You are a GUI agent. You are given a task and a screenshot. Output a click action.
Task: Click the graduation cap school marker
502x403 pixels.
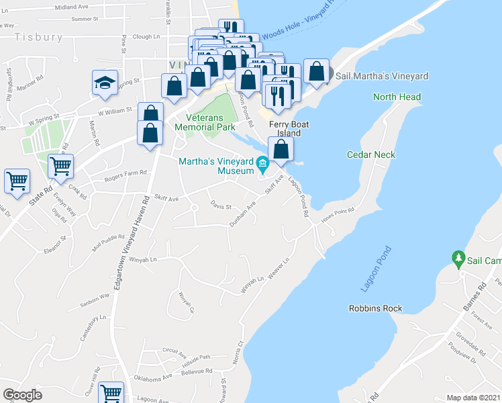[x=105, y=83]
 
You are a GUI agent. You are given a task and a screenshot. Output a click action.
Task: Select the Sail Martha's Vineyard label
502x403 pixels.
[x=381, y=77]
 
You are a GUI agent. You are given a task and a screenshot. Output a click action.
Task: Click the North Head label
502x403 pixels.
[x=397, y=97]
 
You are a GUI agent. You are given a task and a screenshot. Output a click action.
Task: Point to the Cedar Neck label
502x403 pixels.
[x=370, y=154]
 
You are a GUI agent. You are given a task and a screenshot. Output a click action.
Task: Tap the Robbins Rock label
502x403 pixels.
[x=375, y=308]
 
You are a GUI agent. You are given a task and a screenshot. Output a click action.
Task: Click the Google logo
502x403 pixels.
[x=22, y=395]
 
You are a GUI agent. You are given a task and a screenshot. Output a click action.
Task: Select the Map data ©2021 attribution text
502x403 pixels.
[x=474, y=398]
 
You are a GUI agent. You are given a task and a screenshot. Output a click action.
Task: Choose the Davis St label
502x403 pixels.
[x=220, y=205]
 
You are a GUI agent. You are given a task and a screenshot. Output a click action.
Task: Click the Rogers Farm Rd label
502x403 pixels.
[x=125, y=175]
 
